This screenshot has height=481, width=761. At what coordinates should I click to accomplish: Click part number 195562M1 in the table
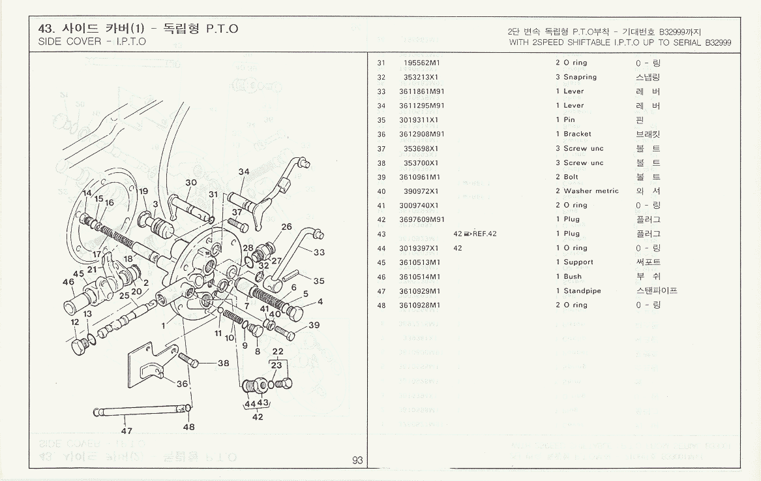pyautogui.click(x=422, y=63)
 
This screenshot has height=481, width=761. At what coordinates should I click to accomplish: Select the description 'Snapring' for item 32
pyautogui.click(x=580, y=77)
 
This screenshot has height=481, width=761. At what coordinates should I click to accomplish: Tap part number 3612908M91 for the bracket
pyautogui.click(x=422, y=134)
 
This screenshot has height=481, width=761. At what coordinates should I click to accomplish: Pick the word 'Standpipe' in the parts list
pyautogui.click(x=582, y=291)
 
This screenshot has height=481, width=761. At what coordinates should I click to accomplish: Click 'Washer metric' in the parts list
pyautogui.click(x=591, y=191)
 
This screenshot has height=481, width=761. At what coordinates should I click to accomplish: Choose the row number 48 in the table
pyautogui.click(x=381, y=305)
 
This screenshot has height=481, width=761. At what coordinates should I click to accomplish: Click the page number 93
pyautogui.click(x=357, y=460)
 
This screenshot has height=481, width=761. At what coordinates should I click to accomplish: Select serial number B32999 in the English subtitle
pyautogui.click(x=717, y=42)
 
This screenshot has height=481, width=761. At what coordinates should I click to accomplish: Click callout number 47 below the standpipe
pyautogui.click(x=127, y=431)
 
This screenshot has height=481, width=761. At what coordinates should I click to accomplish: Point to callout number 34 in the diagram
pyautogui.click(x=244, y=172)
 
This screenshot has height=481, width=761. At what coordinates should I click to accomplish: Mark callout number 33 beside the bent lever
pyautogui.click(x=319, y=253)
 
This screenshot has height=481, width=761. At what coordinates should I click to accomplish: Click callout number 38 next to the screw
pyautogui.click(x=223, y=364)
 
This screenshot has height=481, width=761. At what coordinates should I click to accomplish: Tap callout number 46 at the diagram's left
pyautogui.click(x=68, y=281)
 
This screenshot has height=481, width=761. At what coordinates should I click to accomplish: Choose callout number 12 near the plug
pyautogui.click(x=75, y=322)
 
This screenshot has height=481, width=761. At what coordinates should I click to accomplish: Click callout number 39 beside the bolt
pyautogui.click(x=314, y=326)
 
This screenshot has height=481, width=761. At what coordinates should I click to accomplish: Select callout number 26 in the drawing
pyautogui.click(x=286, y=227)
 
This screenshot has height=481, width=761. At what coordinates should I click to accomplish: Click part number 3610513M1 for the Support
pyautogui.click(x=419, y=262)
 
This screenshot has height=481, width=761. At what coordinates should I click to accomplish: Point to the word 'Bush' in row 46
pyautogui.click(x=572, y=277)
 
